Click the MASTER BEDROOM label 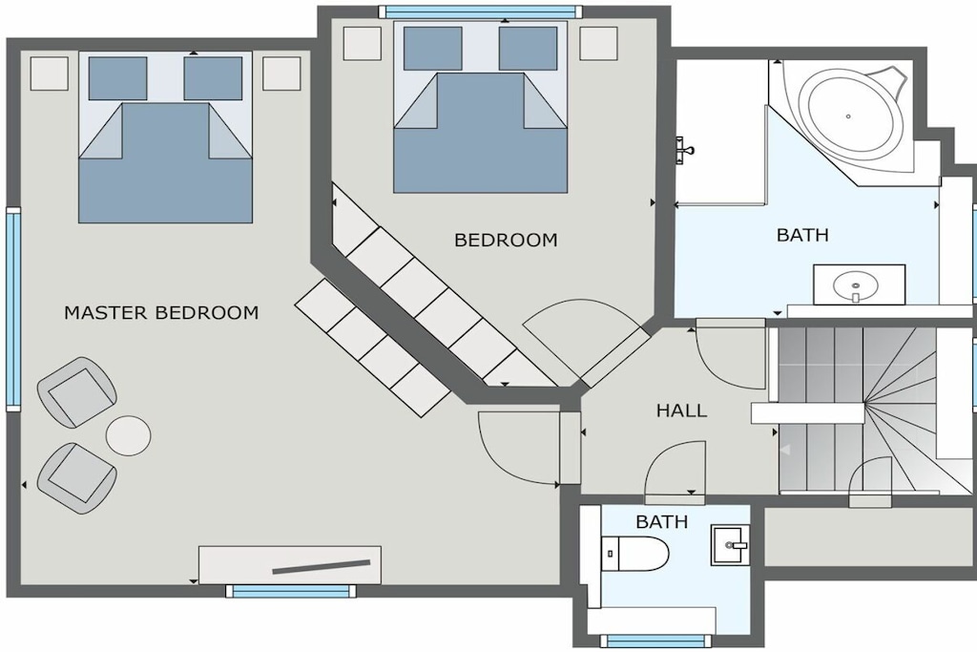pos(161,312)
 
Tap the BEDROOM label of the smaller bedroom pos(506,240)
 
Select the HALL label pos(681,410)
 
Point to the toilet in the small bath pos(634,554)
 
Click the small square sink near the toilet pos(730,545)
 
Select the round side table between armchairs pos(129,435)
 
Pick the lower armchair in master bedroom pos(77,478)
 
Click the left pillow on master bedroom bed pos(117,78)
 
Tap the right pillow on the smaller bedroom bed pos(528,49)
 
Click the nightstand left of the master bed pos(50,74)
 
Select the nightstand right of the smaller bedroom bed pos(599,44)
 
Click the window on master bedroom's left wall pos(13,308)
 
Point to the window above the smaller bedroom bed pos(481,11)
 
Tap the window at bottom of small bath pos(655,641)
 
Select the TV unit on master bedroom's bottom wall pos(290,565)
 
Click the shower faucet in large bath pos(684,150)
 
